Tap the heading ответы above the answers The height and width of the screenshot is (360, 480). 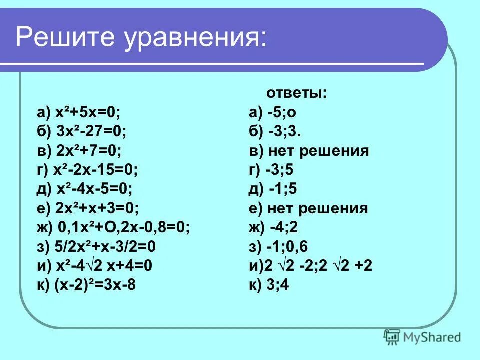click(296, 93)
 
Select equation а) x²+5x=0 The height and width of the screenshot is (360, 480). click(79, 112)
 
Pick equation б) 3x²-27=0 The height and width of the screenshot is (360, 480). click(81, 132)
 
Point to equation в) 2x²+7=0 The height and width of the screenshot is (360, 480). click(79, 151)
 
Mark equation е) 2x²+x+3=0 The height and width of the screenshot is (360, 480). click(88, 208)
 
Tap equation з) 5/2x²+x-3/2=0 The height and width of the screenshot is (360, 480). click(96, 247)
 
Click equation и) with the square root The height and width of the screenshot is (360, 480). click(95, 266)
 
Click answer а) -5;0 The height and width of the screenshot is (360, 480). click(275, 112)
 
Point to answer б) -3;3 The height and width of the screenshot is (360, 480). click(275, 132)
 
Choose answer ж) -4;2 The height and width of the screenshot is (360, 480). click(273, 227)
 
